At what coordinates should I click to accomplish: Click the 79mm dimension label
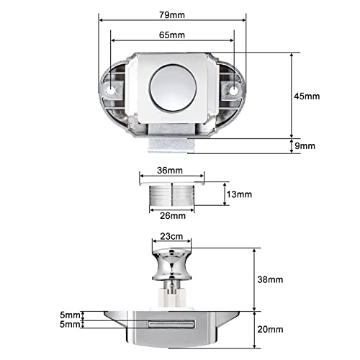point(172,15)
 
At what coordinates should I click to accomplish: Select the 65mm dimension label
point(172,35)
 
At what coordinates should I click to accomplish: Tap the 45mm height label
point(307,96)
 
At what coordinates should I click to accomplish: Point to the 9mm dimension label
point(305,146)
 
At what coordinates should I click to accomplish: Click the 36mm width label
point(170,171)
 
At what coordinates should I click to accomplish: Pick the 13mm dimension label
point(239,194)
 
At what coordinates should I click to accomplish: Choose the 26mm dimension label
point(173,216)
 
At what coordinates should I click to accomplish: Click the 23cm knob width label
point(171,236)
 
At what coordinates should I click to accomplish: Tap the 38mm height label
point(270,279)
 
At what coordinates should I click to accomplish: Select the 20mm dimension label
point(270,330)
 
